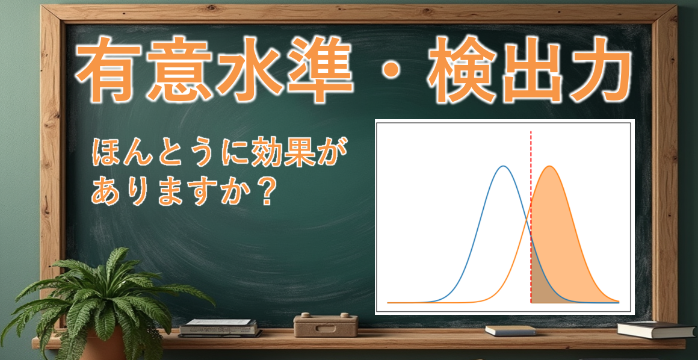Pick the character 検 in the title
[459, 69]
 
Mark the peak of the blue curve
[504, 166]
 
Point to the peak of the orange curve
[550, 166]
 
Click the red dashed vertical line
[531, 217]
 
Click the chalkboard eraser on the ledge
[326, 325]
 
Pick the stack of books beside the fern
[219, 327]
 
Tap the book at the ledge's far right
[656, 329]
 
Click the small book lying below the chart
[511, 331]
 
